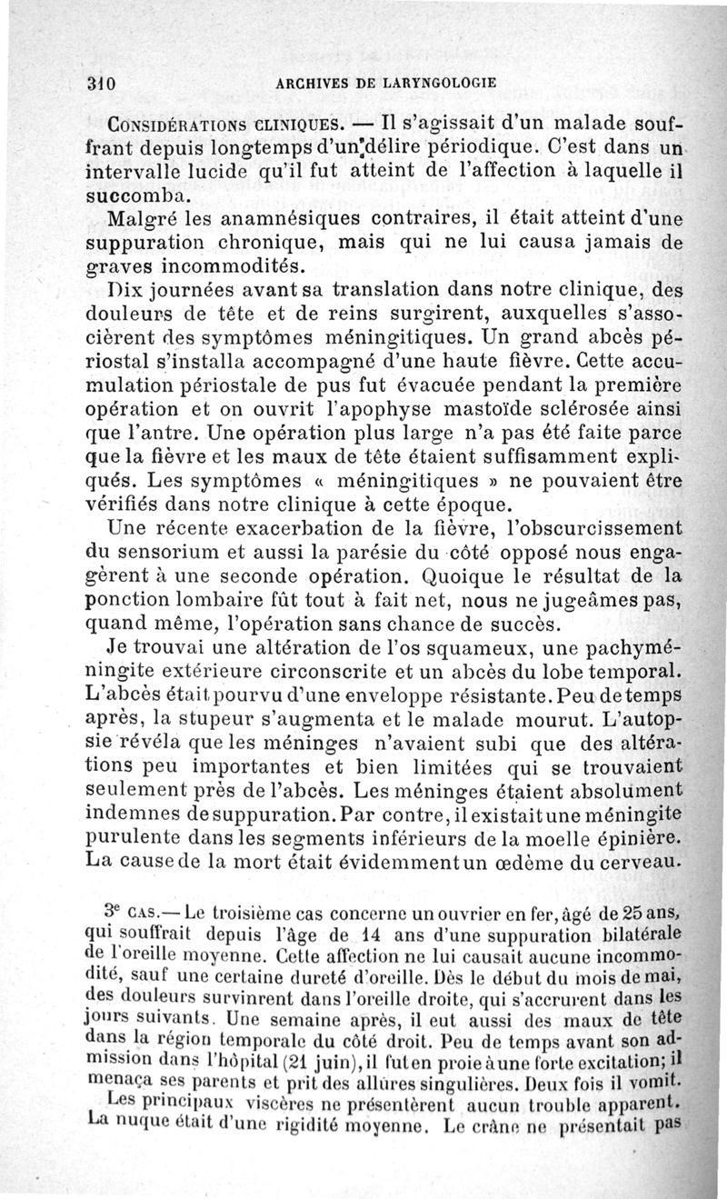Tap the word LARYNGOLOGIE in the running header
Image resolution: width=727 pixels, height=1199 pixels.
(x=431, y=83)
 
